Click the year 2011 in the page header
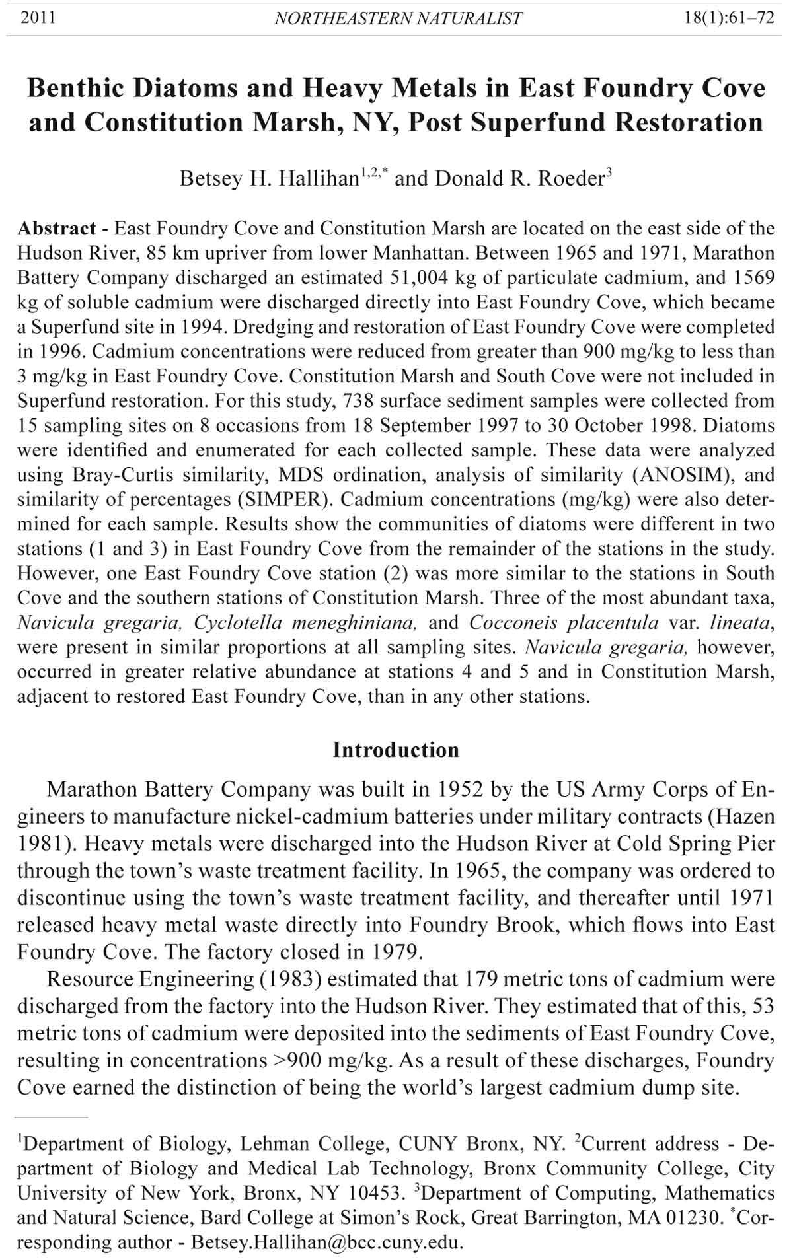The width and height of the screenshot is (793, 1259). point(38,18)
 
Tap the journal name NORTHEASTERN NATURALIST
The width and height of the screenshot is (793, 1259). point(398,18)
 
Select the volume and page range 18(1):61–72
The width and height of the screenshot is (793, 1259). point(728,18)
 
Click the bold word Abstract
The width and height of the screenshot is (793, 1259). point(57,229)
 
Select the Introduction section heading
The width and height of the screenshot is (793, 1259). point(396,750)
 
